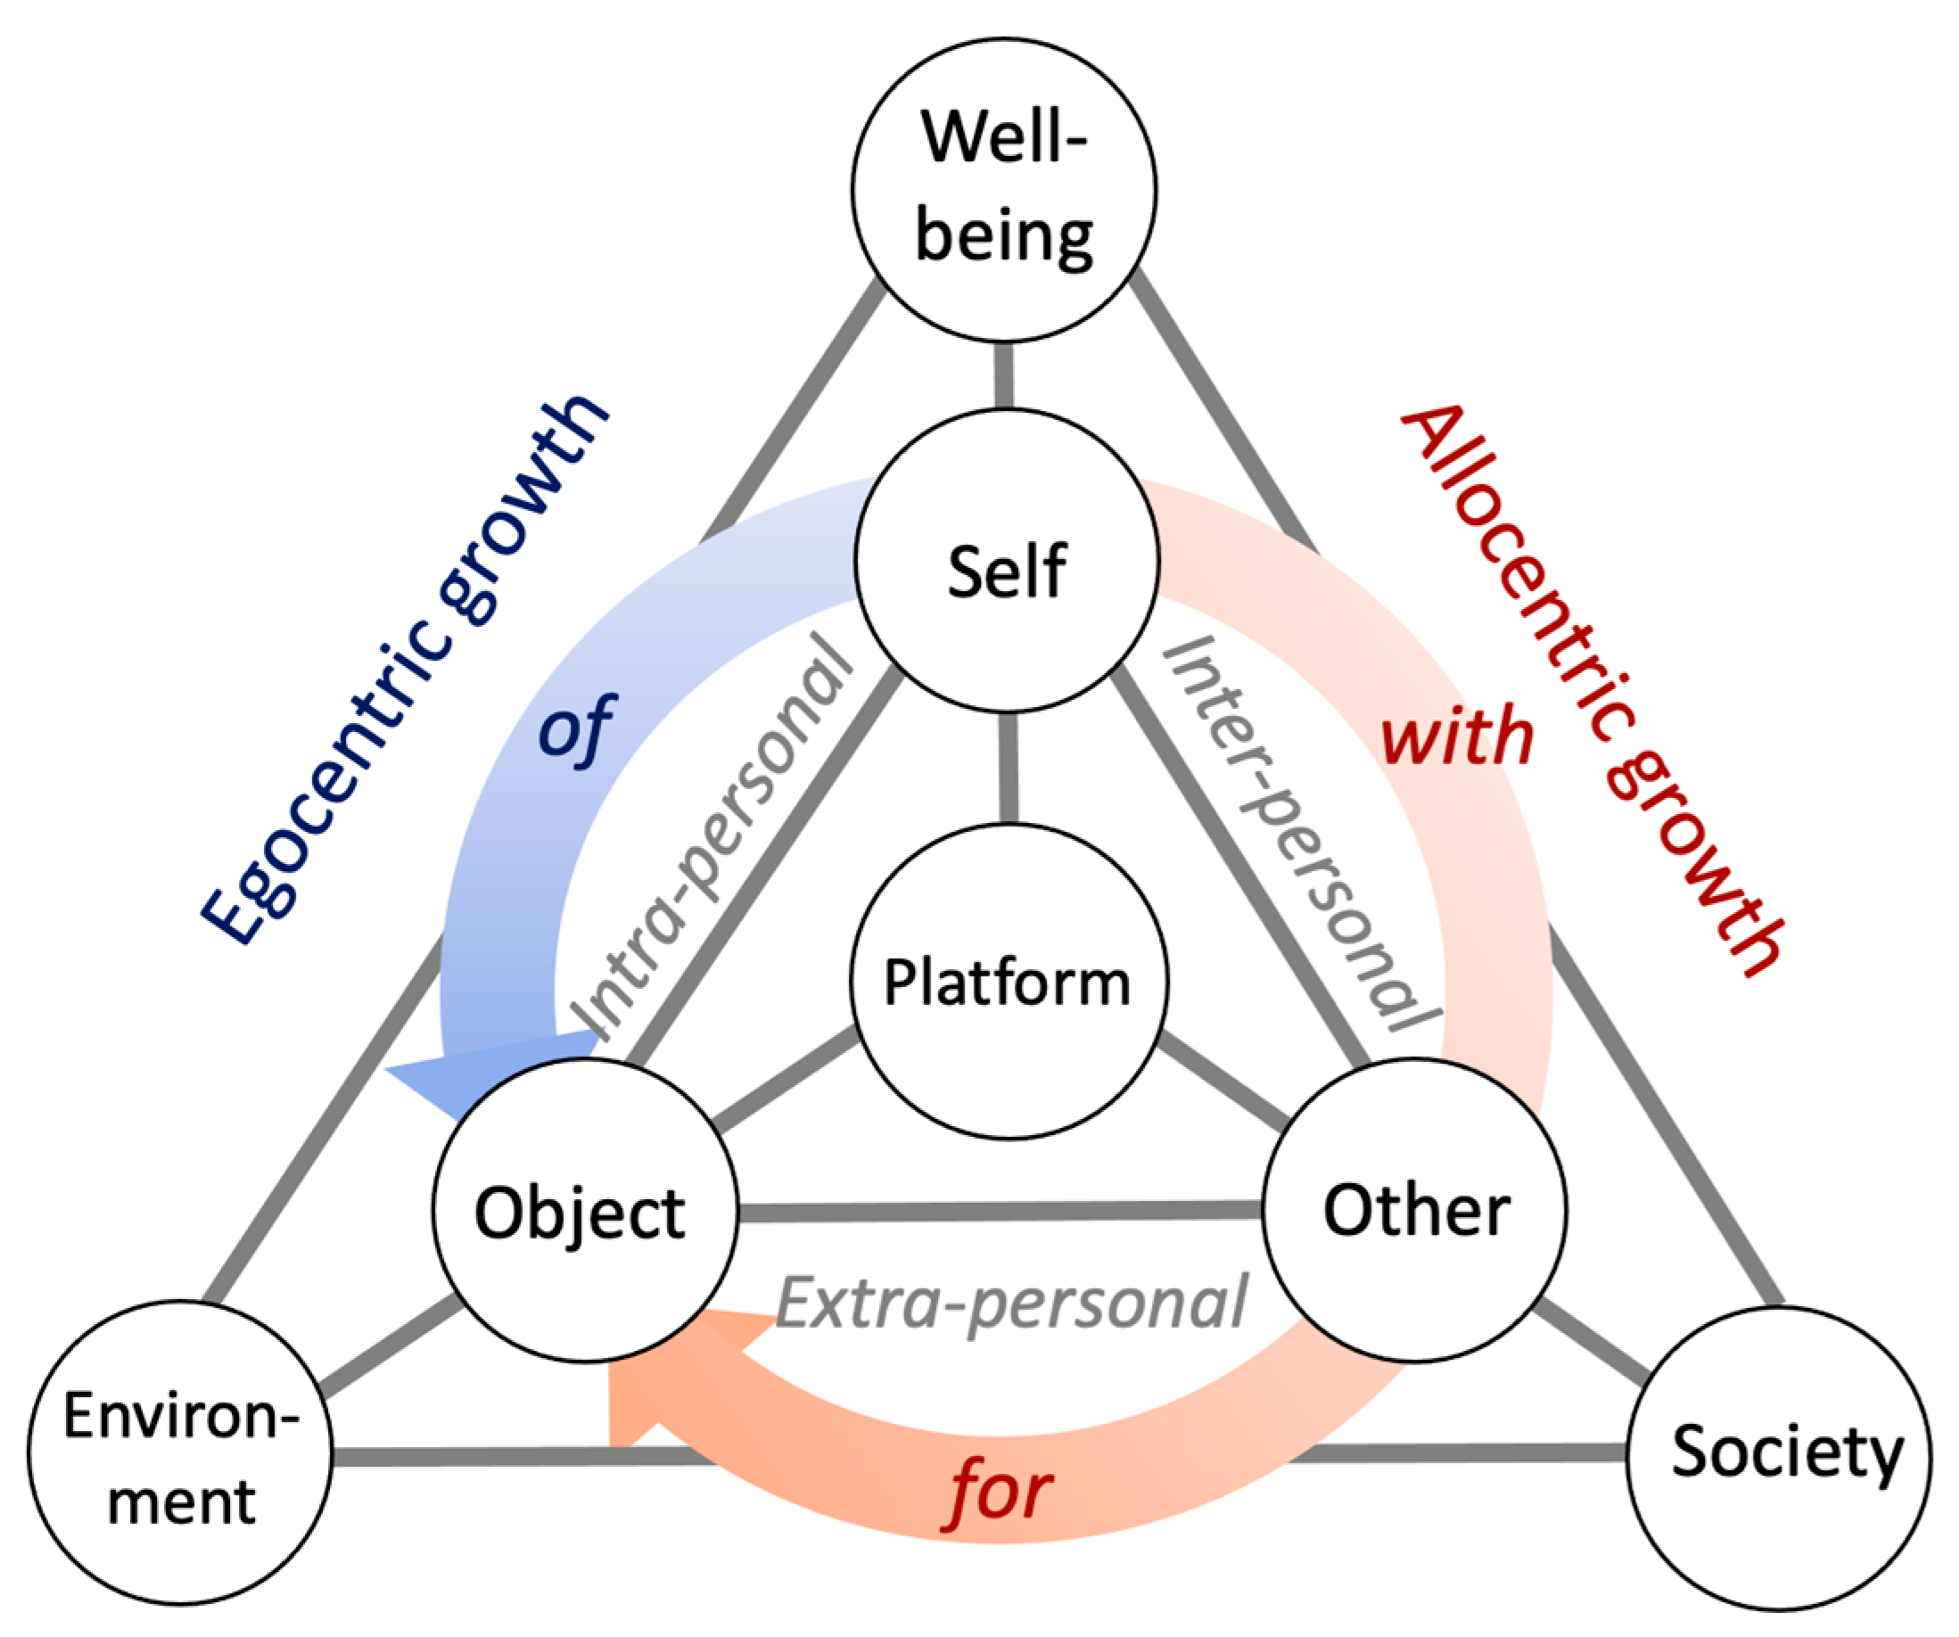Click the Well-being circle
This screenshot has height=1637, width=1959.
tap(1004, 189)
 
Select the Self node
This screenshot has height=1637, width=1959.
tap(1007, 561)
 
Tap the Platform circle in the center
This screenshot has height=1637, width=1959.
tap(1008, 983)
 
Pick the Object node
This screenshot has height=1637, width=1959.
tap(585, 1211)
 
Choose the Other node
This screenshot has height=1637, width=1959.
tap(1414, 1210)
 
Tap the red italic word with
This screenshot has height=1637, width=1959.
tap(1456, 736)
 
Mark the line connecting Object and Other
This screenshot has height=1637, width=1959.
tap(998, 1212)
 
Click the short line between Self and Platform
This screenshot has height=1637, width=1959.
tap(1008, 768)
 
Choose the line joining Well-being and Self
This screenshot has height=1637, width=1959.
tap(1004, 376)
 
